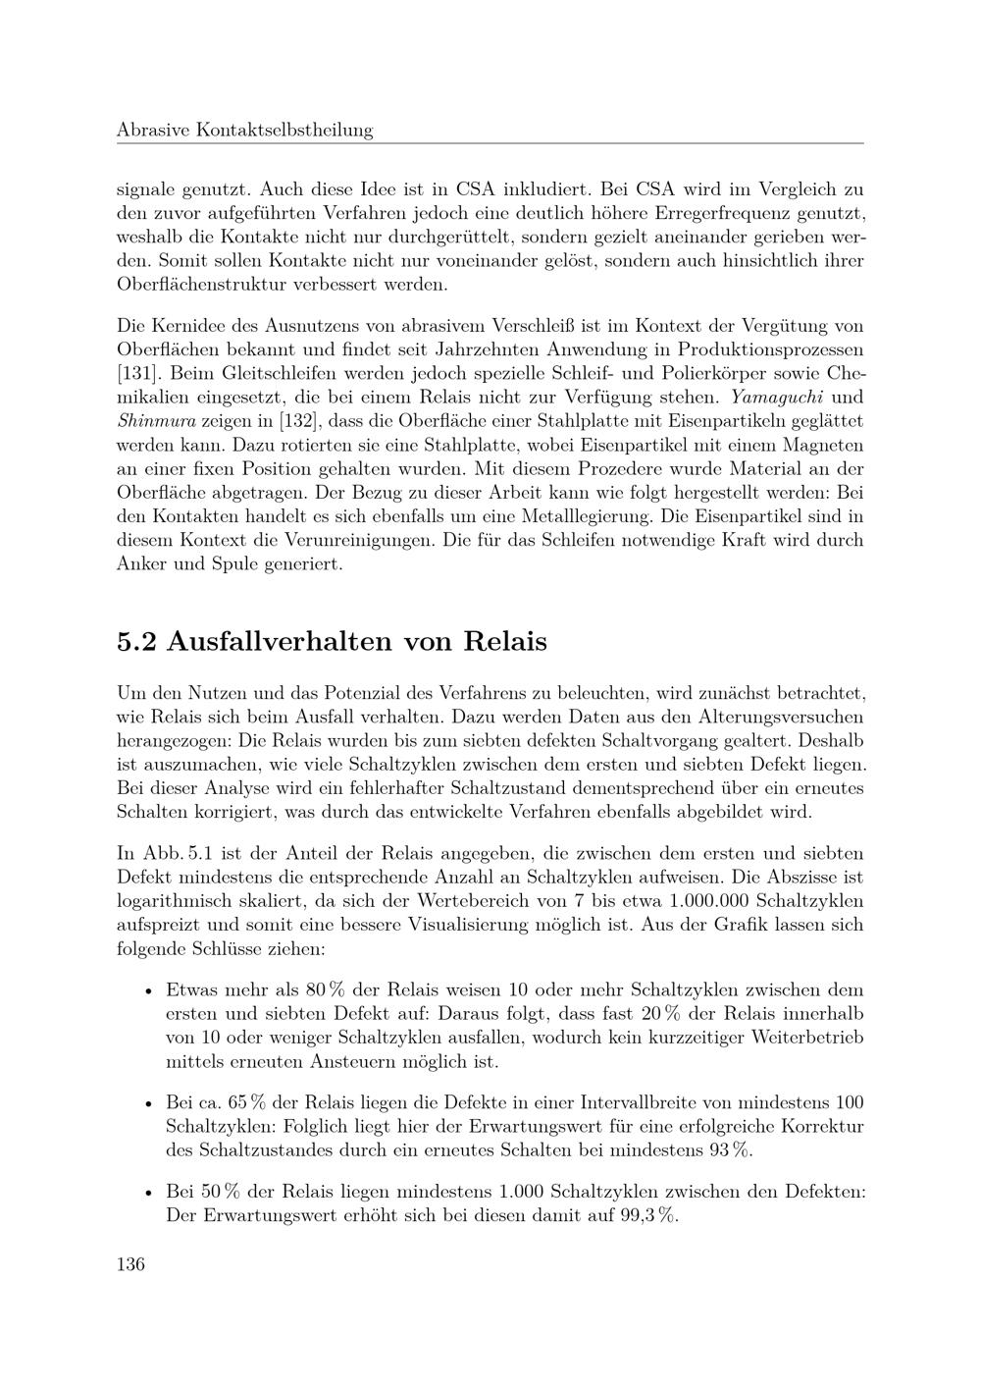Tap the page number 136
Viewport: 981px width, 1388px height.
130,1263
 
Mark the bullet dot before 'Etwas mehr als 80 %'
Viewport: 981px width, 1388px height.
146,990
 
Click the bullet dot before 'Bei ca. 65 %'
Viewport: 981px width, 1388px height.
146,1104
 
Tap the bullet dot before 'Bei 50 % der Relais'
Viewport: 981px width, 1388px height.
146,1193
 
